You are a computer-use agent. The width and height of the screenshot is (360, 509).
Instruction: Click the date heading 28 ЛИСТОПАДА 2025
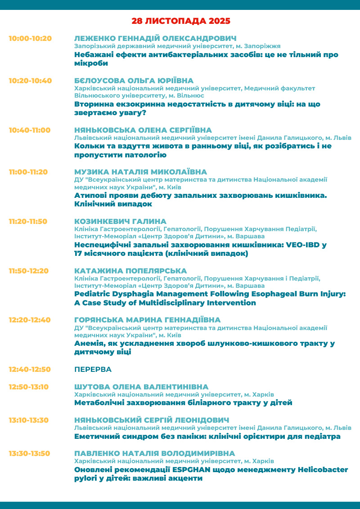181,21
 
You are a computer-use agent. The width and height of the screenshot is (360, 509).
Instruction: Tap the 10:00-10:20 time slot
30,38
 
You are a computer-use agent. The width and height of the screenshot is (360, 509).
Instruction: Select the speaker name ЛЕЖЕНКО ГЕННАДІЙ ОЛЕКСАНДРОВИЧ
155,38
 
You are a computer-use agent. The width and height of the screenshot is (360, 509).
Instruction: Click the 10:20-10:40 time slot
30,81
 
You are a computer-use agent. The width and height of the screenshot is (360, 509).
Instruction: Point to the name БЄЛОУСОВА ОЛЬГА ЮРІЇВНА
134,81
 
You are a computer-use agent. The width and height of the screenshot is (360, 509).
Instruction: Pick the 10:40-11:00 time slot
30,130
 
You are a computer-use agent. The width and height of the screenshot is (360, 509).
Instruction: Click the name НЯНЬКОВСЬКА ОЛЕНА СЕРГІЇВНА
143,130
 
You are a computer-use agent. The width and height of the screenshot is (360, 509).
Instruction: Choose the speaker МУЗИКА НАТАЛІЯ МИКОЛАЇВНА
140,172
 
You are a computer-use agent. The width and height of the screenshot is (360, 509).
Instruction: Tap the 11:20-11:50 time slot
28,221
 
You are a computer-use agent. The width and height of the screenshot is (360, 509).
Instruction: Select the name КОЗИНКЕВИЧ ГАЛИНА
120,221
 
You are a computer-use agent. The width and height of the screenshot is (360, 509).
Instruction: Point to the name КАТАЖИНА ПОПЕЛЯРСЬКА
130,271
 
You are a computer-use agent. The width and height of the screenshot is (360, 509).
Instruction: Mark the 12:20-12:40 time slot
30,320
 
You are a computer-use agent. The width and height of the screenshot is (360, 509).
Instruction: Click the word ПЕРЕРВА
93,369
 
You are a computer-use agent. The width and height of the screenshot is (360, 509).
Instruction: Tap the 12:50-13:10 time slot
29,387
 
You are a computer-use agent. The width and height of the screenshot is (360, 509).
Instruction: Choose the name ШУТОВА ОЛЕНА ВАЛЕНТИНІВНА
141,387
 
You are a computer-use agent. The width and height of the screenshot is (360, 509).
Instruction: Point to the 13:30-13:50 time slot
29,453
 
